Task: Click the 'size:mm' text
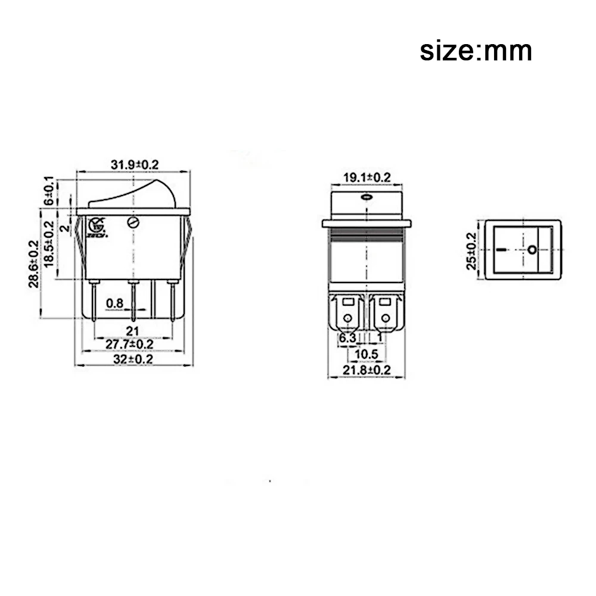(476, 51)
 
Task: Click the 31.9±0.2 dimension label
(135, 165)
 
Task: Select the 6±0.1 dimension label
(50, 191)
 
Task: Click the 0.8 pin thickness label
(114, 305)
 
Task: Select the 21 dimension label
(132, 331)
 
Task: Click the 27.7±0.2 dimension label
(129, 345)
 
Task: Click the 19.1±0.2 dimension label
(367, 177)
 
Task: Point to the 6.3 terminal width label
(347, 339)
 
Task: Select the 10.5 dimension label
(367, 354)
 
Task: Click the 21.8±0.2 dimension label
(367, 371)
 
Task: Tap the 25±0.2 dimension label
(472, 250)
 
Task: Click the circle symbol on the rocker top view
(532, 249)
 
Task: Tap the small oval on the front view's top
(366, 198)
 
